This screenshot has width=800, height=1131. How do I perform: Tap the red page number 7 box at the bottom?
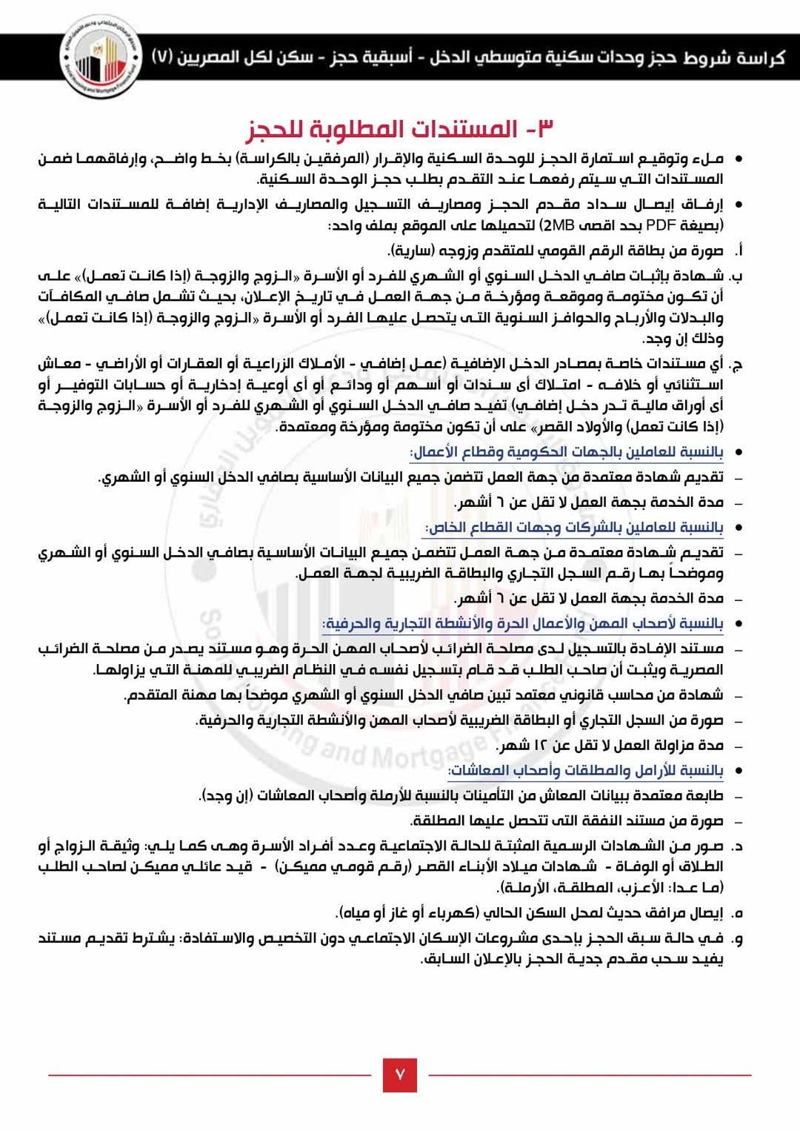pos(400,1074)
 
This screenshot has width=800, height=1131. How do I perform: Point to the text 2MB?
pos(555,225)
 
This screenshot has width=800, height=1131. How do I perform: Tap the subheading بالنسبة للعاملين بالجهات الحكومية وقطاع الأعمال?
pos(567,451)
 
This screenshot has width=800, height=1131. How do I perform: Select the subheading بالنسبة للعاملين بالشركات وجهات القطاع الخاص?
pos(574,527)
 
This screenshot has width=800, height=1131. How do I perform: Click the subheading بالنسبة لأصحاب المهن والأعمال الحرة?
pos(523,623)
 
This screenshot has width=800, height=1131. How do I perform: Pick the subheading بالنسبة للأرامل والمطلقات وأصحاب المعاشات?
pos(586,770)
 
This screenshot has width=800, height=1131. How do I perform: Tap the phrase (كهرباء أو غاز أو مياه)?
pos(407,912)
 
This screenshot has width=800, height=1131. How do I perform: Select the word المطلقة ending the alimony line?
pos(434,820)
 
